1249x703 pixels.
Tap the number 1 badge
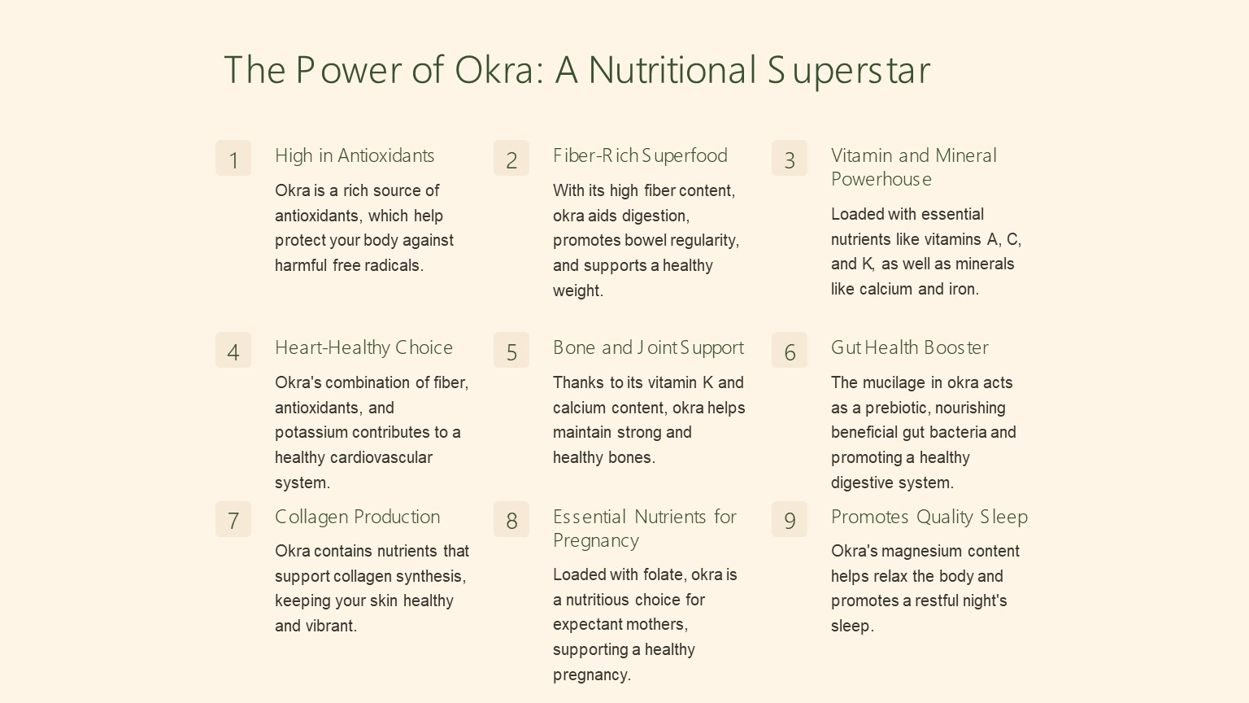(233, 158)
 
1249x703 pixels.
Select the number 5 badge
(511, 350)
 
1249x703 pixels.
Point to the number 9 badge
(790, 519)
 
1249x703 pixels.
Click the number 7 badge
(233, 519)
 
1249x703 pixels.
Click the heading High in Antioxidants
(355, 155)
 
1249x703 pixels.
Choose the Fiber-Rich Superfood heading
(640, 155)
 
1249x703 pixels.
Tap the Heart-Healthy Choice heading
(363, 347)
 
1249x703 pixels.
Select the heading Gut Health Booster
(909, 347)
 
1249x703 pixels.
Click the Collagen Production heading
(358, 517)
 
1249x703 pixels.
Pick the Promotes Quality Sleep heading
(929, 517)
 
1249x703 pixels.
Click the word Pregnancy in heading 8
(596, 541)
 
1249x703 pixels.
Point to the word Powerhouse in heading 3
(881, 179)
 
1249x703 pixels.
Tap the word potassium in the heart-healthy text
(311, 433)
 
